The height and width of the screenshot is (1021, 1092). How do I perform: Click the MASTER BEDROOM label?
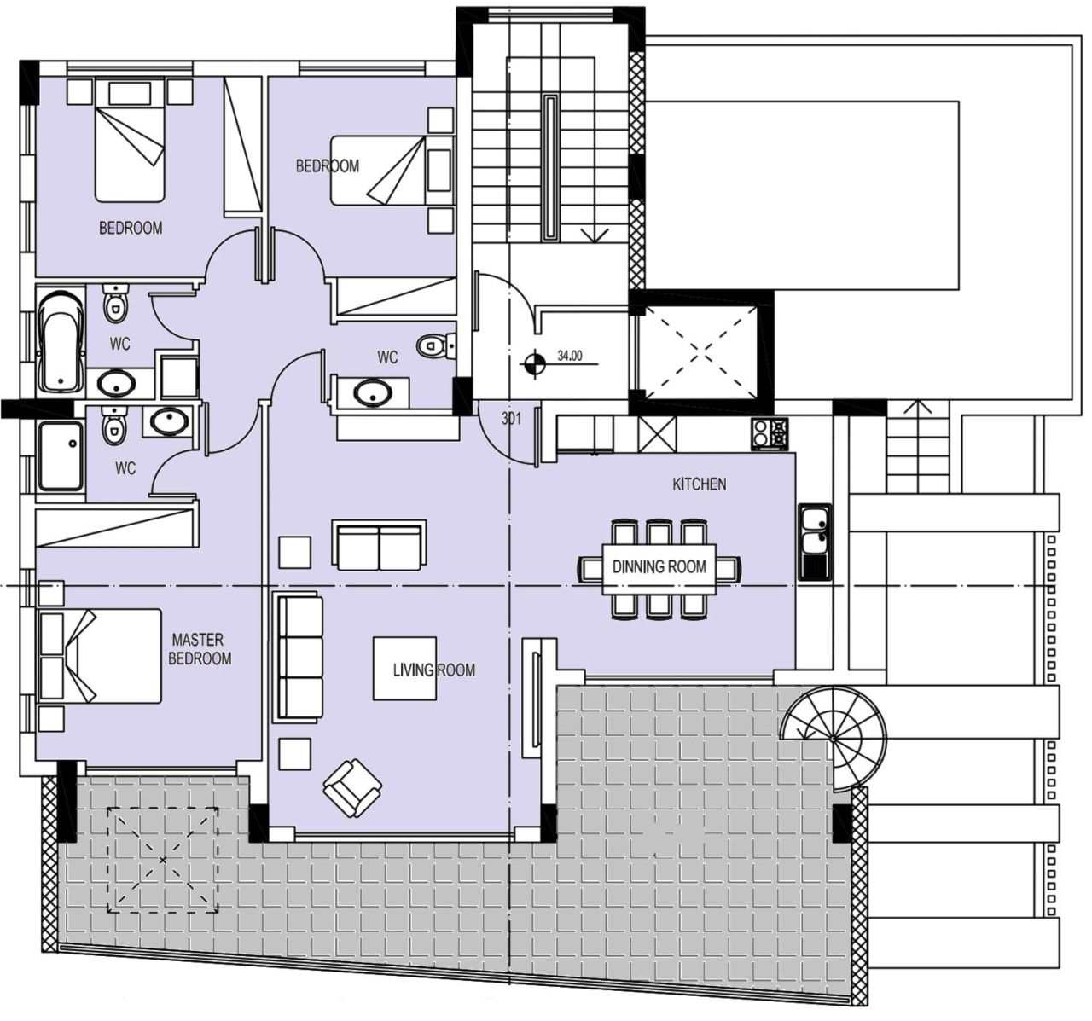[x=200, y=649]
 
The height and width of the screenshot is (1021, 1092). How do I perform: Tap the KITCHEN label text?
[x=700, y=484]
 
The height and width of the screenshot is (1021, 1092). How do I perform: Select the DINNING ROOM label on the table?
[x=659, y=567]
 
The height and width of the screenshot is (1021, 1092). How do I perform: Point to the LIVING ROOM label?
[x=434, y=670]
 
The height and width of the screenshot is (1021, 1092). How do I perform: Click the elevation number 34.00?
[x=570, y=357]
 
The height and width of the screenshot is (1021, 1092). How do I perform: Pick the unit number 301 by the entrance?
[x=511, y=419]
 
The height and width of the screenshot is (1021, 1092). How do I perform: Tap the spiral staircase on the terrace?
[x=834, y=739]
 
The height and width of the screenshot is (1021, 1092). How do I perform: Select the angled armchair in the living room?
[x=352, y=789]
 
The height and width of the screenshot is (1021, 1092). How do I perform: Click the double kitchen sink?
[x=815, y=542]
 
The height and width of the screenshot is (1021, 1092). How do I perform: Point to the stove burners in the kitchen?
[x=770, y=433]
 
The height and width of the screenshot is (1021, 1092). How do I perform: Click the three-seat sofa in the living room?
[x=299, y=658]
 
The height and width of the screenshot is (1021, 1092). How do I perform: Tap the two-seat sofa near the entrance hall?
[x=379, y=545]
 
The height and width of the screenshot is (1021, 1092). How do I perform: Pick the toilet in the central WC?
[x=436, y=346]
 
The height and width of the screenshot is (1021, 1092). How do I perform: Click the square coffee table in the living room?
[x=404, y=669]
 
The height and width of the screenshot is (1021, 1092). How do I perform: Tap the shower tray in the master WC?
[x=61, y=456]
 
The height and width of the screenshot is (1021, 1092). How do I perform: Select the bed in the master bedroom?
[x=102, y=656]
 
